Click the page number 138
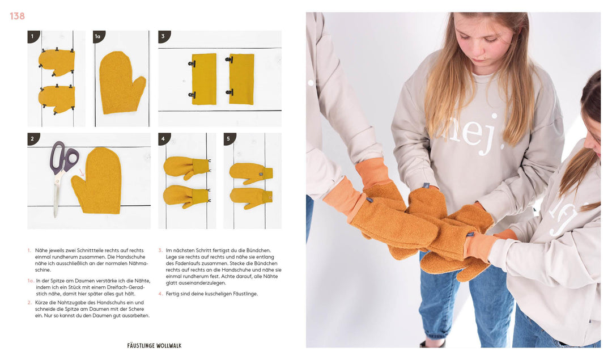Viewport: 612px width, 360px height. pyautogui.click(x=17, y=16)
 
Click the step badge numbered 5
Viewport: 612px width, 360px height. pyautogui.click(x=229, y=139)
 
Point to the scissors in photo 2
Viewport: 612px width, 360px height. pyautogui.click(x=59, y=170)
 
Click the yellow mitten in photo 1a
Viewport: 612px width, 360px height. pyautogui.click(x=121, y=82)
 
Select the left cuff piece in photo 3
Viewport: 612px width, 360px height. pyautogui.click(x=204, y=79)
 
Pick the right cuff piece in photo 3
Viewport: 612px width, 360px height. pyautogui.click(x=242, y=79)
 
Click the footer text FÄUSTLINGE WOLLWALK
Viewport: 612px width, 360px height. pyautogui.click(x=154, y=345)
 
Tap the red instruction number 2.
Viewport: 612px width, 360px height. pyautogui.click(x=29, y=303)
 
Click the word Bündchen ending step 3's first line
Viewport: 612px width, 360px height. pyautogui.click(x=259, y=250)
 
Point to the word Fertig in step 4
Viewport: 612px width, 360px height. pyautogui.click(x=175, y=294)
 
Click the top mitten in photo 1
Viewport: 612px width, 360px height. pyautogui.click(x=56, y=62)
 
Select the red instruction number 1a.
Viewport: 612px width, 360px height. pyautogui.click(x=31, y=281)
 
